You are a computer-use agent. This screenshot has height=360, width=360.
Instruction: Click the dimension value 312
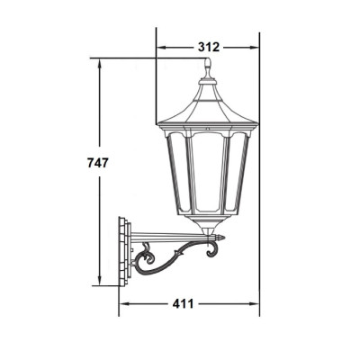[x=209, y=47]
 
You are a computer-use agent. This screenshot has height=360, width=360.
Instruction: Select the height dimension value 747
[x=97, y=163]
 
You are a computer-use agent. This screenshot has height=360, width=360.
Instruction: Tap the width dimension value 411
[x=183, y=304]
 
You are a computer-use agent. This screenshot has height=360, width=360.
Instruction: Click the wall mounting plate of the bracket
[x=125, y=251]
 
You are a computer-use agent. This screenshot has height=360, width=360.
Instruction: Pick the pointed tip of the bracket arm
[x=223, y=238]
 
